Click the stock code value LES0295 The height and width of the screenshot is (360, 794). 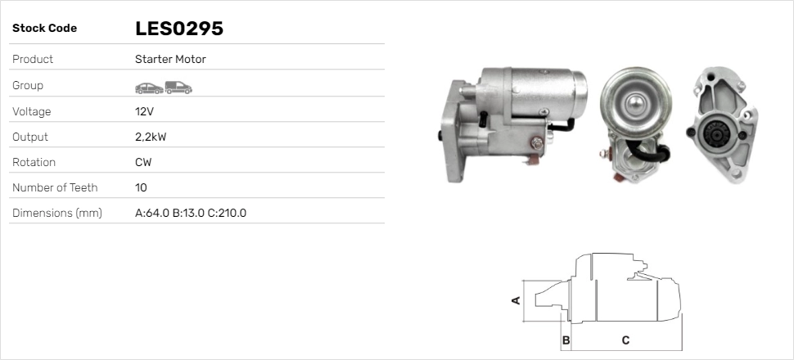(179, 29)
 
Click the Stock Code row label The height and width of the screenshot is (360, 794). (44, 29)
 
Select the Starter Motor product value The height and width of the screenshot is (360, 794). (170, 59)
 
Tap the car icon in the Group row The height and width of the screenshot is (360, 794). (148, 87)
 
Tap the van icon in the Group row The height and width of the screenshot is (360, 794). (178, 87)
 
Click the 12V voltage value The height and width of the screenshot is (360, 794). (145, 111)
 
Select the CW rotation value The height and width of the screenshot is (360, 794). (143, 162)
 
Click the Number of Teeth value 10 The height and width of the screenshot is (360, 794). (141, 187)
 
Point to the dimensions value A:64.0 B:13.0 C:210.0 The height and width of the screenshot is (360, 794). (191, 213)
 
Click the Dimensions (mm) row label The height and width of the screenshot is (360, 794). (56, 213)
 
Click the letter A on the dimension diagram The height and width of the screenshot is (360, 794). (516, 300)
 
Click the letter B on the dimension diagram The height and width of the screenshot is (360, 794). (566, 340)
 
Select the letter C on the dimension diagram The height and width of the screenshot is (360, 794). (625, 340)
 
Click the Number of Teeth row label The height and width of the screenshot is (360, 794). (55, 187)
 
